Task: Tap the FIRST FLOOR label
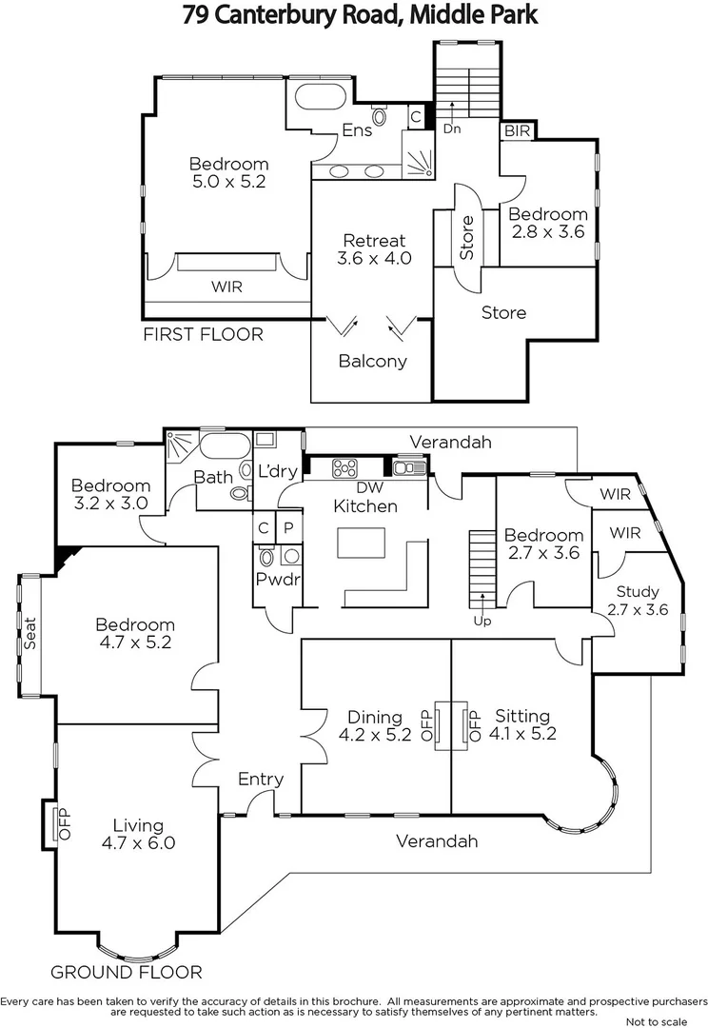(203, 334)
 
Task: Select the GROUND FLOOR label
(127, 972)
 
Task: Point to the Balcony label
(372, 361)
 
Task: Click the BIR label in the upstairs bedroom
(518, 130)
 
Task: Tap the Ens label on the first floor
(357, 130)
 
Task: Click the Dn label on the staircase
(452, 128)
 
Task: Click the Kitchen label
(365, 505)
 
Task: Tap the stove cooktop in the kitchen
(343, 467)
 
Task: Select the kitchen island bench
(363, 543)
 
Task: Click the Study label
(638, 592)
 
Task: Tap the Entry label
(261, 780)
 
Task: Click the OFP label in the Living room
(66, 824)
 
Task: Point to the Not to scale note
(656, 1020)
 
